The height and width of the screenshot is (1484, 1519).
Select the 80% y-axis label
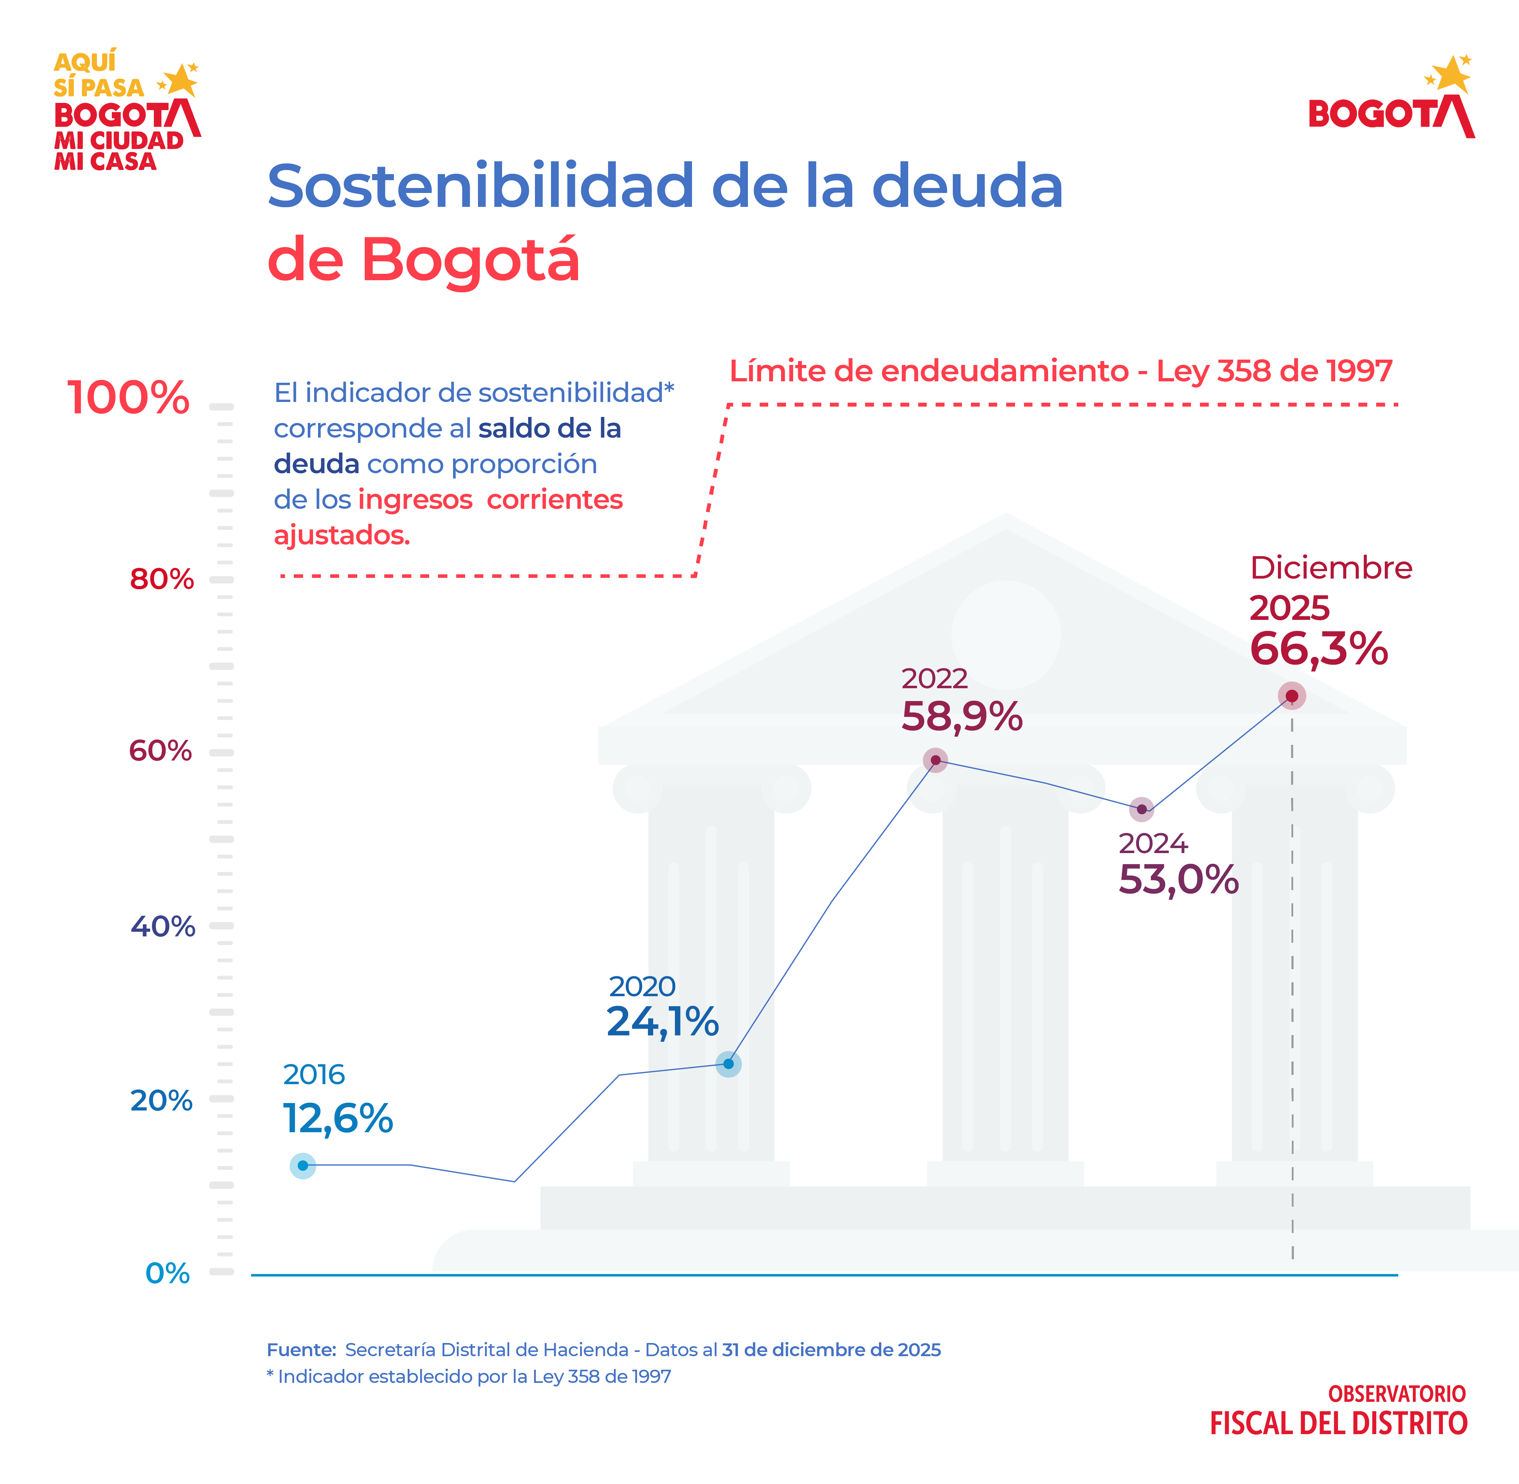pos(161,579)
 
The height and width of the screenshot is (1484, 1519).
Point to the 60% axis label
pos(160,751)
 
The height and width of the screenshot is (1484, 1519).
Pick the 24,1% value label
pos(663,1021)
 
